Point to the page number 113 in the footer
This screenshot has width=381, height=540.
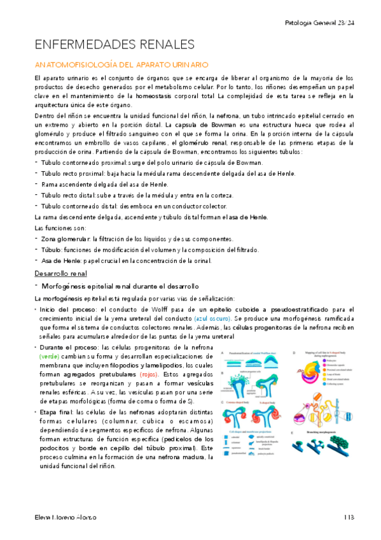coord(349,517)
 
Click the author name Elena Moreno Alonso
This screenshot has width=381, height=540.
coord(66,517)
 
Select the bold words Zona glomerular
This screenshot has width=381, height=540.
coord(64,239)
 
